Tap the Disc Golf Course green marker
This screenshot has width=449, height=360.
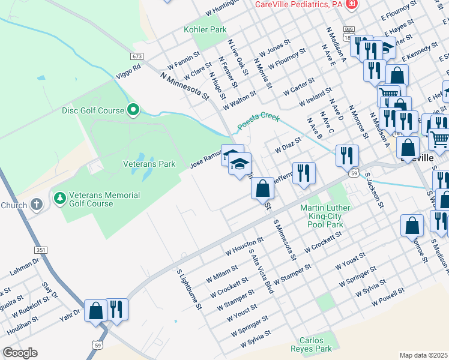(134, 110)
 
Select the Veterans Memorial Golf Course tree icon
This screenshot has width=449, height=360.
(59, 197)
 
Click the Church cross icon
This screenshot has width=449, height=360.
(37, 205)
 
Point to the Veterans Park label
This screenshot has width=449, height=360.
(149, 163)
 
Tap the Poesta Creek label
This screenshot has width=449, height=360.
(258, 122)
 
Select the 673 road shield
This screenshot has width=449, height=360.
(137, 56)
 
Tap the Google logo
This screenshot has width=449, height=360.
(20, 353)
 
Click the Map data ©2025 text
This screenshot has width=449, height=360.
(423, 355)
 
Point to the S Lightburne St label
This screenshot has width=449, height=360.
(188, 289)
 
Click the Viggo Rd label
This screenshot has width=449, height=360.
(128, 71)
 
